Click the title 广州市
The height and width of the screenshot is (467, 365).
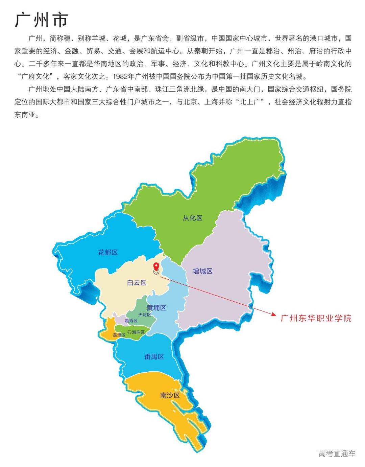[x=41, y=20]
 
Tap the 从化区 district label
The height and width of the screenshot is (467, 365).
[x=192, y=218]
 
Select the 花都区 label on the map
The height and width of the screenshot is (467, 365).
[x=108, y=252]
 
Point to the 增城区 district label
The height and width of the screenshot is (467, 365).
[x=202, y=271]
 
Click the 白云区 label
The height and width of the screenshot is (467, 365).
[x=137, y=283]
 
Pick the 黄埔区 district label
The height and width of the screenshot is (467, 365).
[x=156, y=308]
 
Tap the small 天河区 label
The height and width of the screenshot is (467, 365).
[x=145, y=314]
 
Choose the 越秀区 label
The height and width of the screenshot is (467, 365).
[x=131, y=321]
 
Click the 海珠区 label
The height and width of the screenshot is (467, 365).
[x=138, y=332]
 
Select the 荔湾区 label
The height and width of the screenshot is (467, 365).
[x=119, y=335]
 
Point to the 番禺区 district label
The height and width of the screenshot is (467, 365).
[x=154, y=356]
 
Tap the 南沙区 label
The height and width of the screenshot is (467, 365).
[x=170, y=395]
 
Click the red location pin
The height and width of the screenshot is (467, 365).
[x=156, y=266]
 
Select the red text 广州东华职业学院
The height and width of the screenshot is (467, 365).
[x=316, y=318]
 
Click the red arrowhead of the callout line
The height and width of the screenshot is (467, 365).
[x=274, y=314]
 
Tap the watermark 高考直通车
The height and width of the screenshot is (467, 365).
[x=337, y=453]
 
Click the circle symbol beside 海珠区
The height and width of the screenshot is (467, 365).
[x=129, y=332]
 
